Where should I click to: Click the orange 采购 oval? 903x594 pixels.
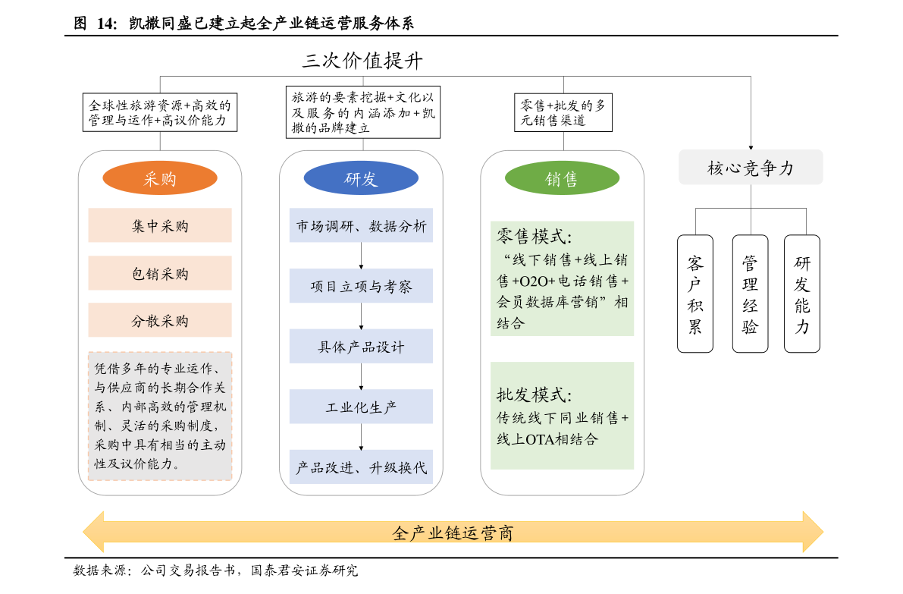(x=160, y=179)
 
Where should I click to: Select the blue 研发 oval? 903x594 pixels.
(x=361, y=179)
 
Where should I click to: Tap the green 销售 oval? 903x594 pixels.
(x=562, y=179)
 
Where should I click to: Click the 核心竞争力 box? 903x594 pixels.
(x=751, y=168)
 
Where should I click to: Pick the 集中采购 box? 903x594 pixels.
(x=160, y=226)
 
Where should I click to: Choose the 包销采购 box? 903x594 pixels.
(x=160, y=273)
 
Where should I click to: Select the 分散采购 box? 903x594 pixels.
(x=160, y=320)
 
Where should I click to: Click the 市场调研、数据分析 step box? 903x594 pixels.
(x=361, y=226)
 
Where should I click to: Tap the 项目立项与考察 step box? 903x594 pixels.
(x=361, y=286)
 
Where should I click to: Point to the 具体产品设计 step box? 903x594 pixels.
(x=361, y=347)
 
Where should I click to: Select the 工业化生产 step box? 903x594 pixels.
(x=361, y=407)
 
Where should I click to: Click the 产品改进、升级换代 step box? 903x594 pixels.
(x=361, y=467)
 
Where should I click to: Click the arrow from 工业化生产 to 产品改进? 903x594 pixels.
(x=361, y=437)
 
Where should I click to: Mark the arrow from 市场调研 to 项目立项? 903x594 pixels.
(x=361, y=256)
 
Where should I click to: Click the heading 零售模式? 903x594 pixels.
(x=534, y=236)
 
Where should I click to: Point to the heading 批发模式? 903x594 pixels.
(x=534, y=394)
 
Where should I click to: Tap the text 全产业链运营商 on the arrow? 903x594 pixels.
(x=453, y=533)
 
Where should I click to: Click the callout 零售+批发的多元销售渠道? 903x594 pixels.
(x=563, y=112)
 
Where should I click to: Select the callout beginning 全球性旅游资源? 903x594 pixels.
(x=159, y=112)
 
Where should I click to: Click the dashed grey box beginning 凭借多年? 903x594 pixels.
(x=160, y=416)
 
